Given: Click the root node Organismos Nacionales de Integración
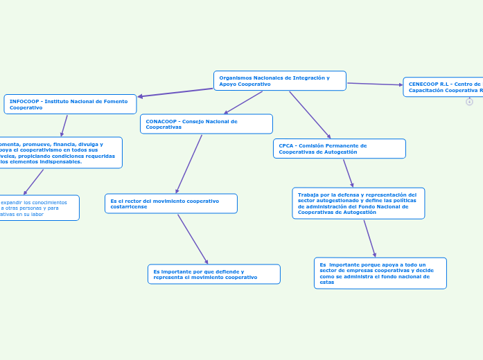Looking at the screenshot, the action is (x=279, y=80).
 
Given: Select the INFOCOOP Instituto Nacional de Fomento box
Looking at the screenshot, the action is (x=70, y=104).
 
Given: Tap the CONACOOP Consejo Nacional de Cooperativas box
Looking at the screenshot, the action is (x=206, y=124).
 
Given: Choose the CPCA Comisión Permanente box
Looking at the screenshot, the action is (x=339, y=149).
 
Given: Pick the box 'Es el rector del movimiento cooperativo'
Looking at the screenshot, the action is (x=170, y=204).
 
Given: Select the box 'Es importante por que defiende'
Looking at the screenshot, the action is (x=213, y=274).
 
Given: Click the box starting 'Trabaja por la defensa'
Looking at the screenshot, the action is (x=358, y=204).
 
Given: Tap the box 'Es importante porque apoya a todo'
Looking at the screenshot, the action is (x=380, y=273).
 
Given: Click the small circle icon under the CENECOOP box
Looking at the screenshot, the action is (x=469, y=102).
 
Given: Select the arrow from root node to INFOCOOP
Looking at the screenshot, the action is (x=175, y=92).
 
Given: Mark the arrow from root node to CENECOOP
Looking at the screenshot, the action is (x=375, y=84).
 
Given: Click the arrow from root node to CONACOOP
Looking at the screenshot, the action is (x=243, y=102).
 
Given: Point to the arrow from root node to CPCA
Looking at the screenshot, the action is (x=310, y=115).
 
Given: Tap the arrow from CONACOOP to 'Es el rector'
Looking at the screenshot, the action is (x=189, y=163).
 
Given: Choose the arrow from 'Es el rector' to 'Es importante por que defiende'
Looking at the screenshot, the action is (x=193, y=239).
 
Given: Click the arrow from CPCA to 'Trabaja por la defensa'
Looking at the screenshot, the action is (x=348, y=173).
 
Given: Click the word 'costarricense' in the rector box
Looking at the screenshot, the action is (x=128, y=206).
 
